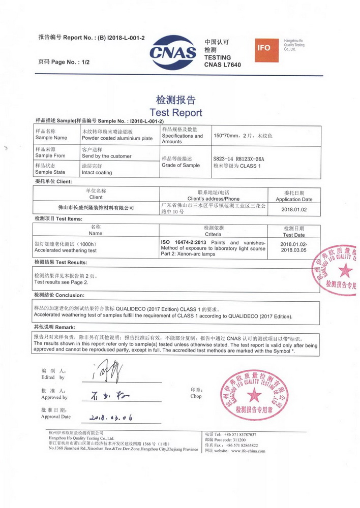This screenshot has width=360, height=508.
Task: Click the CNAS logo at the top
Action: tap(173, 51)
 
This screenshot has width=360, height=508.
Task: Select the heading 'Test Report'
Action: tap(176, 113)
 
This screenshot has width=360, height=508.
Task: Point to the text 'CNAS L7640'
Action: tap(222, 65)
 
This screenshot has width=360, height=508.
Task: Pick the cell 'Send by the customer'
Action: tap(106, 156)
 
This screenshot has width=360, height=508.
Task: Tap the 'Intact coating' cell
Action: tap(97, 173)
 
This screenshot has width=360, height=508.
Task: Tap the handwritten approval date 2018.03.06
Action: tap(111, 418)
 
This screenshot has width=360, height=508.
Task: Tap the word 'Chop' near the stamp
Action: tap(196, 396)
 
